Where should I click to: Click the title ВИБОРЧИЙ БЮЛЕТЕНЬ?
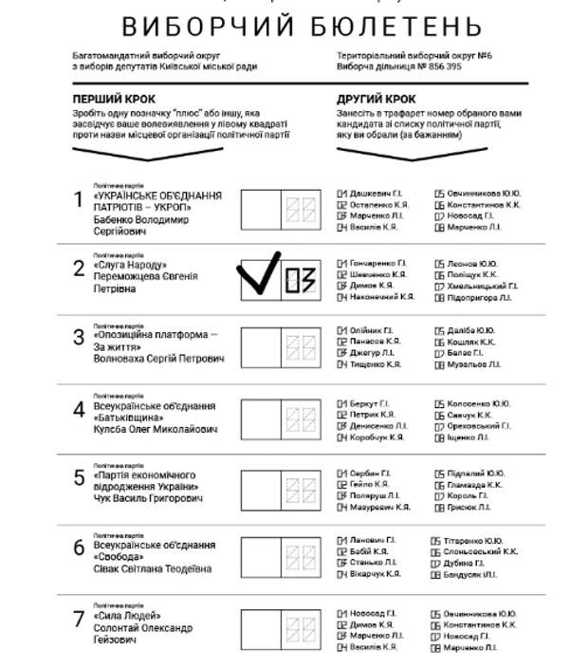pyautogui.click(x=302, y=25)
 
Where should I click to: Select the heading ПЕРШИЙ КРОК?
pyautogui.click(x=114, y=100)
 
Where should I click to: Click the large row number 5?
pyautogui.click(x=80, y=477)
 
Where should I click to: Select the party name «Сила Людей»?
pyautogui.click(x=127, y=615)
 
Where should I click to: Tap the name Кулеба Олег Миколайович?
pyautogui.click(x=156, y=430)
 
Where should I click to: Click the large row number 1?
pyautogui.click(x=80, y=199)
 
